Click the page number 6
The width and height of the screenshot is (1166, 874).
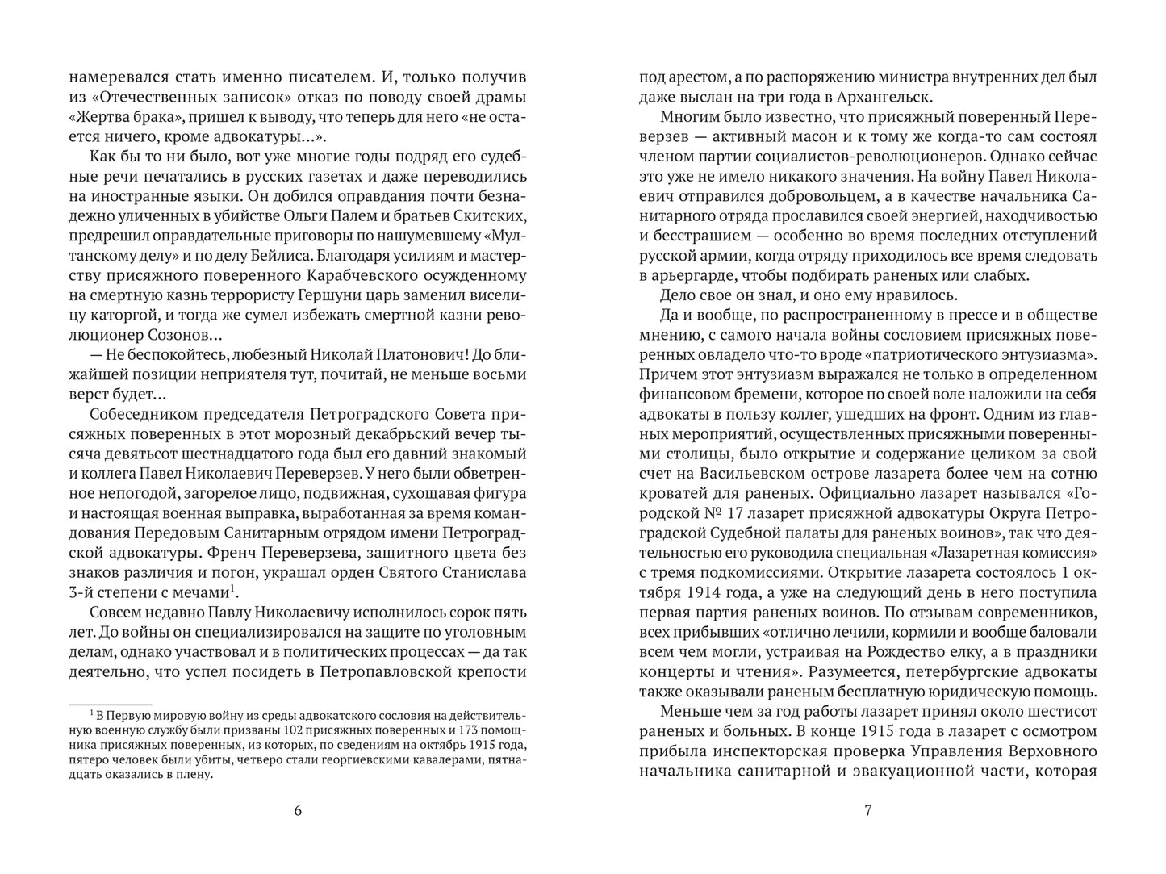point(298,811)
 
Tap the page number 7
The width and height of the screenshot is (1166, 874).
point(867,811)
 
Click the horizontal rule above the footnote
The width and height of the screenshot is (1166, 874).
point(110,705)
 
